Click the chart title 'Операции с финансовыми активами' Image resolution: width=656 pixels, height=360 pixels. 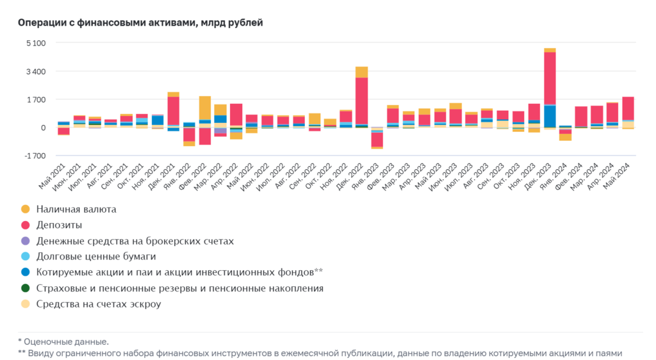(140, 23)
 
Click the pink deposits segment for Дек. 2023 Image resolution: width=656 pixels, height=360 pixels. (550, 77)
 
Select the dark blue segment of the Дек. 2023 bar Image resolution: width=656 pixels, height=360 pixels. (550, 116)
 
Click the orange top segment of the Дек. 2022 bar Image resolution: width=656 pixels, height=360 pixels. (361, 72)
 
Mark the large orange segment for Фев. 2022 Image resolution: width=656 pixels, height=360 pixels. (205, 108)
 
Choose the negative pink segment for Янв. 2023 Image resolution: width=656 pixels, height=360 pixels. (377, 139)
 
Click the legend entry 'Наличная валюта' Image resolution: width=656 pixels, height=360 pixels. (76, 209)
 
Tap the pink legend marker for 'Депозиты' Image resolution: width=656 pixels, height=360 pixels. (26, 225)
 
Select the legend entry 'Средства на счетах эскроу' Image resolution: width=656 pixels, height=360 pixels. (98, 304)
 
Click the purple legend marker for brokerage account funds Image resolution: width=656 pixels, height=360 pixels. (26, 241)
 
